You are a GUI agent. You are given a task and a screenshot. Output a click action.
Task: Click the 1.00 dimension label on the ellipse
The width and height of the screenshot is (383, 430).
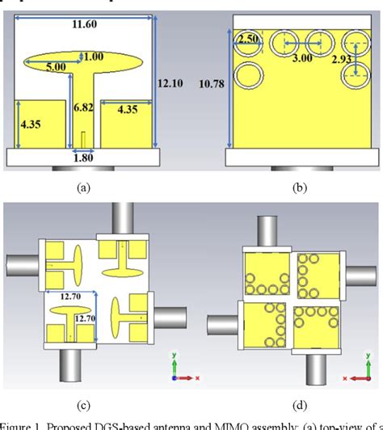click(x=94, y=56)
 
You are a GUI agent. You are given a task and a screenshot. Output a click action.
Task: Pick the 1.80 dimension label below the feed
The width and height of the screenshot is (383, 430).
click(x=83, y=158)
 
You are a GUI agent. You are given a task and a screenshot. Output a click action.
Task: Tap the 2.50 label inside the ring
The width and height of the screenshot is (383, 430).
click(x=247, y=40)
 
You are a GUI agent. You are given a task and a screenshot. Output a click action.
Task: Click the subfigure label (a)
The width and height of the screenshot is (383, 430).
click(x=82, y=187)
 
